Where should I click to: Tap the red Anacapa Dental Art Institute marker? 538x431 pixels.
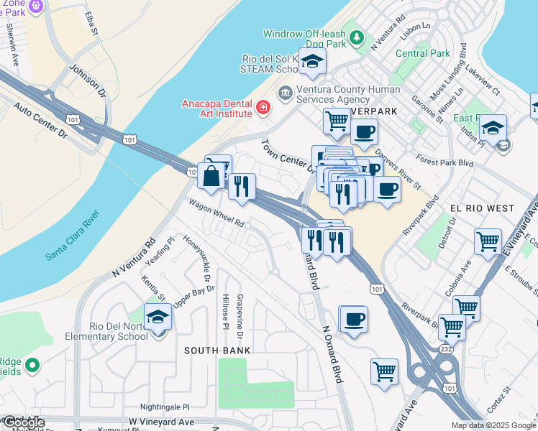point(263,108)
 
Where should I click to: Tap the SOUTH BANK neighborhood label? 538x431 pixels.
point(217,351)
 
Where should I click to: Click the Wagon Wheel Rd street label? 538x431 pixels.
point(216,213)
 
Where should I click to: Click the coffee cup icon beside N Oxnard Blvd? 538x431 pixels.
point(352,319)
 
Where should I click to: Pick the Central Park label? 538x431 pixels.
point(423,53)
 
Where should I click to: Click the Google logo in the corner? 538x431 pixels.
point(23,422)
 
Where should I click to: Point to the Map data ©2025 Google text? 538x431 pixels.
point(493,425)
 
